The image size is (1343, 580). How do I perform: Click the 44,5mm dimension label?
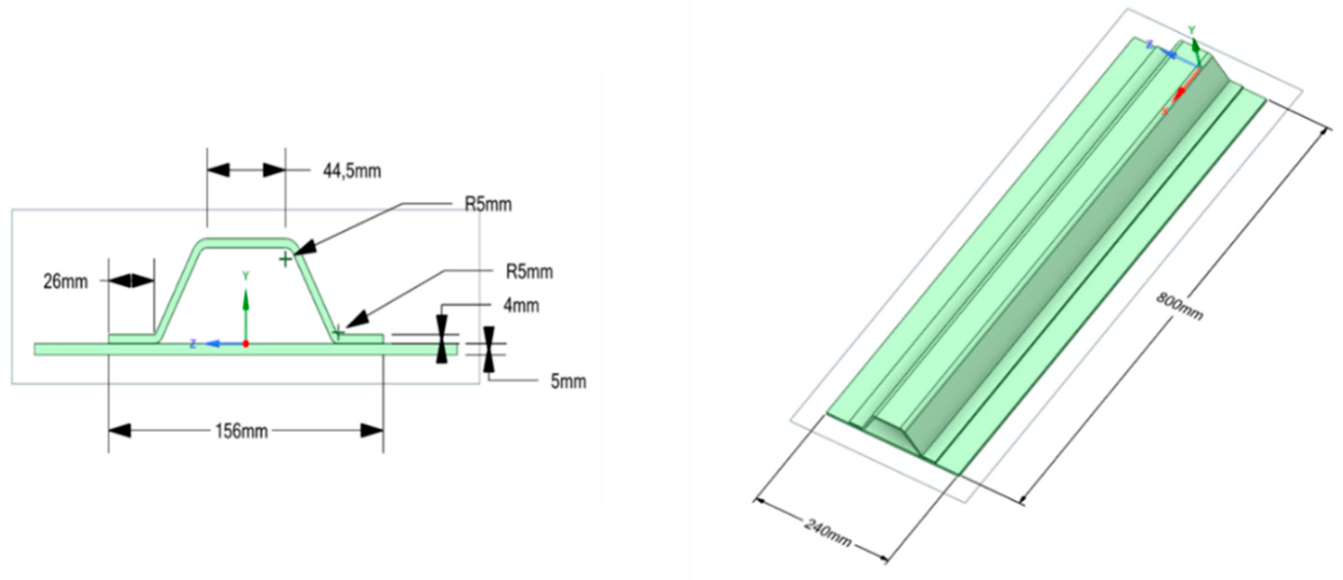[352, 171]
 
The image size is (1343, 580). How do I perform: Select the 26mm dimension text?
[66, 282]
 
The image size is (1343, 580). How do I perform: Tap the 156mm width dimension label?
[241, 431]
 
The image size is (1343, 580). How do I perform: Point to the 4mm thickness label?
[521, 305]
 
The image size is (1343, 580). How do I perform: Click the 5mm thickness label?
[568, 382]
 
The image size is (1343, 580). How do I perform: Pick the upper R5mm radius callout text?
[488, 205]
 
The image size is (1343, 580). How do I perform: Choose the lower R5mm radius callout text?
[529, 272]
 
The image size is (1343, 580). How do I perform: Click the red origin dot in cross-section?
[246, 344]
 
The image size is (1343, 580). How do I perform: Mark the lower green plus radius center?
[338, 332]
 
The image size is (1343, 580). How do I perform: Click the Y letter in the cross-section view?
[246, 276]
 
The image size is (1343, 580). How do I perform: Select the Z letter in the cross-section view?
[193, 344]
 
